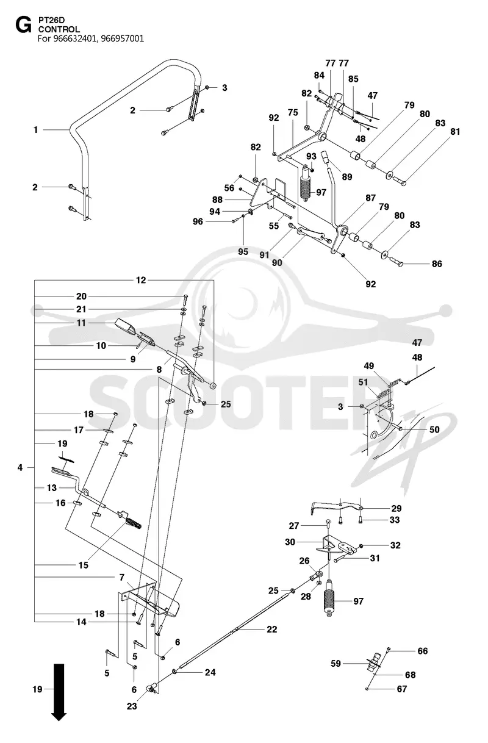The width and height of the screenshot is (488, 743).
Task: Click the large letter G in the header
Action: coord(23,26)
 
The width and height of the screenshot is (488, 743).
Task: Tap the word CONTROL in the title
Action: coord(59,29)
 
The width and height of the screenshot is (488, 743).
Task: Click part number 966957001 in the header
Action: coord(122,39)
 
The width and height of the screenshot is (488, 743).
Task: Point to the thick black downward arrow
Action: coord(59,692)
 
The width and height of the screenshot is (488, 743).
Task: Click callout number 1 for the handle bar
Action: coord(36,130)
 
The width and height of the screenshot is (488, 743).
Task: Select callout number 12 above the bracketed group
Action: coord(141,280)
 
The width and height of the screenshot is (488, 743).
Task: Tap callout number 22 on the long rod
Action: coord(271,629)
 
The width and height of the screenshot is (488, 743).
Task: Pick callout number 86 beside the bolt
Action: coord(437,264)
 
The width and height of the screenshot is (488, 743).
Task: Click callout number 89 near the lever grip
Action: coord(347,177)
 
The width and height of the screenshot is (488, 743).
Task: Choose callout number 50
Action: coord(434,429)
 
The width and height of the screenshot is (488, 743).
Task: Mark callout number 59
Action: coord(335,664)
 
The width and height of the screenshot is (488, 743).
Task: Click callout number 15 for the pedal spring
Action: coord(84,565)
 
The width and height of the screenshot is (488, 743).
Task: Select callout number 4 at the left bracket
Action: coord(20,467)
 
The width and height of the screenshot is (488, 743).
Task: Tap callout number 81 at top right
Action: coord(455,132)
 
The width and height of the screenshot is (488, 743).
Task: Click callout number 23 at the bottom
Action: coord(132,706)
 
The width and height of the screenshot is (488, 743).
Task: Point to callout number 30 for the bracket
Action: coord(290,542)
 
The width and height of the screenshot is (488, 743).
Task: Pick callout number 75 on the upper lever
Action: coord(293,113)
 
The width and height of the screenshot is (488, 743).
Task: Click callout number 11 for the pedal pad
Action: coord(81,323)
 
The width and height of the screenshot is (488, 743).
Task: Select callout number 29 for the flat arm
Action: coord(396,509)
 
